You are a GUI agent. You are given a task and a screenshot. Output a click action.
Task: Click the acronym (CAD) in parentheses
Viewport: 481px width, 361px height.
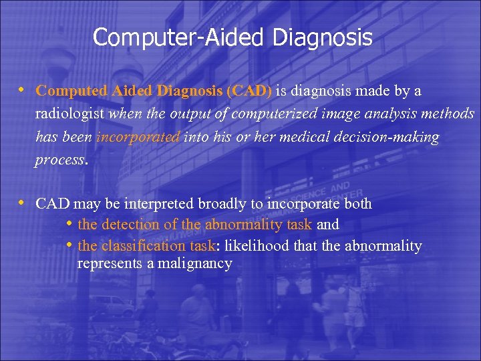point(249,91)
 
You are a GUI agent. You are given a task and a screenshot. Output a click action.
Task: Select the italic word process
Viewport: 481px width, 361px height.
point(60,160)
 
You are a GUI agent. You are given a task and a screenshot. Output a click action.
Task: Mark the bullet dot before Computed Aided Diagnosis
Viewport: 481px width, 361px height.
point(22,90)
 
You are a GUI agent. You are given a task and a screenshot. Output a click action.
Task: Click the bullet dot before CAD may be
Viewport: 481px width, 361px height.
point(22,203)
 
